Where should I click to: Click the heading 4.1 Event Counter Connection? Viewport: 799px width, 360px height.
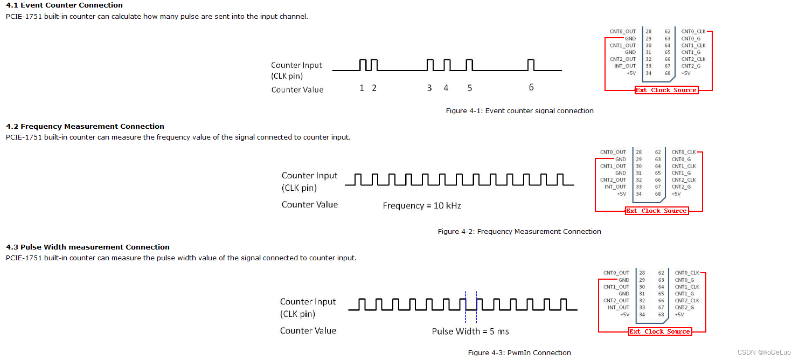point(64,5)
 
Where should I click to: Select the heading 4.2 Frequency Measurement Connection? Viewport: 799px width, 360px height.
point(85,126)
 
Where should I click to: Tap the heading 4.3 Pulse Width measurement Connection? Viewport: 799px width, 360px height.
point(88,247)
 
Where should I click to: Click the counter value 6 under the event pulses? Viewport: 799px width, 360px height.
point(531,88)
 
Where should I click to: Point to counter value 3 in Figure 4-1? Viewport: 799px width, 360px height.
point(429,88)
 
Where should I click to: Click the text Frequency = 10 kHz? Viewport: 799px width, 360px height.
point(422,205)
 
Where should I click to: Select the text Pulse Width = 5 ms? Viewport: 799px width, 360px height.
point(470,331)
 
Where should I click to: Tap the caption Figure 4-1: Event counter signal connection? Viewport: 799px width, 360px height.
point(519,110)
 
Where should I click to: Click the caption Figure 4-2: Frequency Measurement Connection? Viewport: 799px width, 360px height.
point(519,231)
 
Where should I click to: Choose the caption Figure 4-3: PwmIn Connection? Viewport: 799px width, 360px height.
point(519,352)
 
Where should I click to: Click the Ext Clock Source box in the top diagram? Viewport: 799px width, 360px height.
point(666,90)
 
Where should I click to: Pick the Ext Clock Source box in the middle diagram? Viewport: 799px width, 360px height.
point(656,211)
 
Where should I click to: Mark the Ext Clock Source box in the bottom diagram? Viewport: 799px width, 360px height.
point(659,331)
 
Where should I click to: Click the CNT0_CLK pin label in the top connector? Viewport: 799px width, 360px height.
point(693,32)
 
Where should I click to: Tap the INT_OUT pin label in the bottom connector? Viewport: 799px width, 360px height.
point(619,307)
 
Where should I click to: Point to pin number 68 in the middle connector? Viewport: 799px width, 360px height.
point(658,193)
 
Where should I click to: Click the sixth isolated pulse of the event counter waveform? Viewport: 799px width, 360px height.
point(531,65)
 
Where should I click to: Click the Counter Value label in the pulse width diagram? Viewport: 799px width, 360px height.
point(308,330)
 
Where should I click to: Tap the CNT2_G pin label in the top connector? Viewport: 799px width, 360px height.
point(691,66)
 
